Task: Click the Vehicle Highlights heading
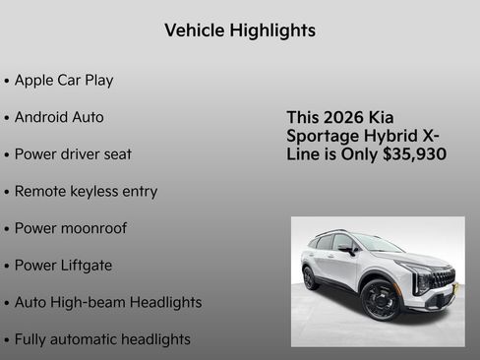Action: click(240, 30)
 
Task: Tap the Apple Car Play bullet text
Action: click(64, 80)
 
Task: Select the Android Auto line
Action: click(59, 117)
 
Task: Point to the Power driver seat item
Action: click(73, 154)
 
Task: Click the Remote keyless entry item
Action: click(86, 191)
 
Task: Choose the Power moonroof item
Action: click(71, 228)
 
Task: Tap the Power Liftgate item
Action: click(63, 265)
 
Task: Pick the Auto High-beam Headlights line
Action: click(108, 302)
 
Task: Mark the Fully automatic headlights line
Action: click(102, 339)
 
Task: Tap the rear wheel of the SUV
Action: click(310, 277)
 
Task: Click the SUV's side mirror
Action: click(349, 250)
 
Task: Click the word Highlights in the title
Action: click(272, 30)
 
